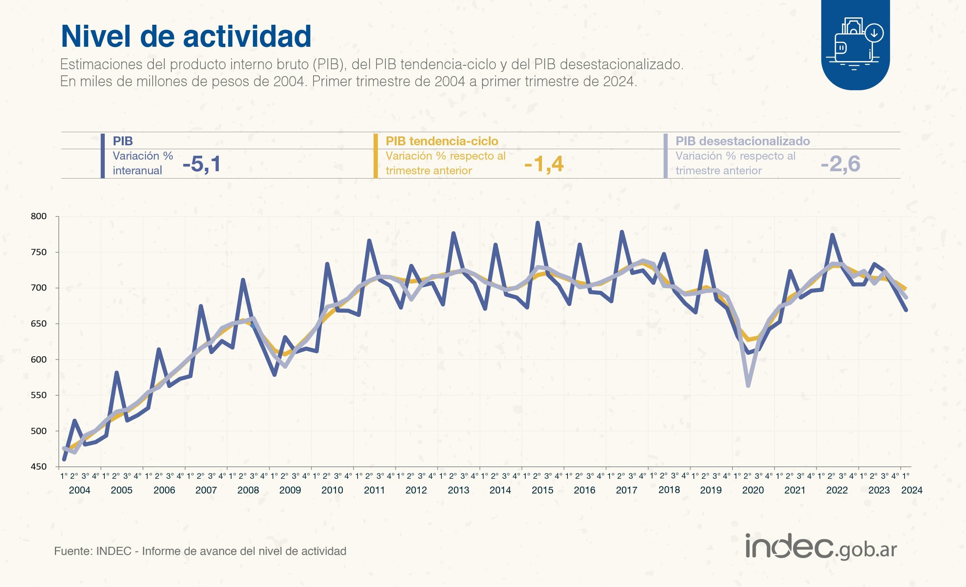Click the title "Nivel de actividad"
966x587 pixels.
pyautogui.click(x=186, y=36)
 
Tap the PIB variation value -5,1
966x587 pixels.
pyautogui.click(x=201, y=164)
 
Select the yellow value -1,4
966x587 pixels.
pyautogui.click(x=544, y=164)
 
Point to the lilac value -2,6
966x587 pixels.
pyautogui.click(x=840, y=164)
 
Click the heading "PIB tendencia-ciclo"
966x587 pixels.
pyautogui.click(x=442, y=141)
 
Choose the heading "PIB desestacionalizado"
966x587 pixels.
pyautogui.click(x=743, y=141)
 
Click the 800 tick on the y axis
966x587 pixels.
pyautogui.click(x=38, y=216)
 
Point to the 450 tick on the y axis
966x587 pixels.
pyautogui.click(x=38, y=467)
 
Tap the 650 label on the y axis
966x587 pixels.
pyautogui.click(x=38, y=324)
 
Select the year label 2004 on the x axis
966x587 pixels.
pyautogui.click(x=80, y=490)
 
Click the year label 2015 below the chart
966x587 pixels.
pyautogui.click(x=542, y=490)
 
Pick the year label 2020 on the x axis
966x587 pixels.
pyautogui.click(x=753, y=490)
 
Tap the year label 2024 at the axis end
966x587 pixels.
pyautogui.click(x=912, y=490)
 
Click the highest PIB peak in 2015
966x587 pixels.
pyautogui.click(x=537, y=223)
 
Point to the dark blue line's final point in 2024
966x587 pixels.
pyautogui.click(x=906, y=310)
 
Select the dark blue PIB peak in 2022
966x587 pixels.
pyautogui.click(x=832, y=235)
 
